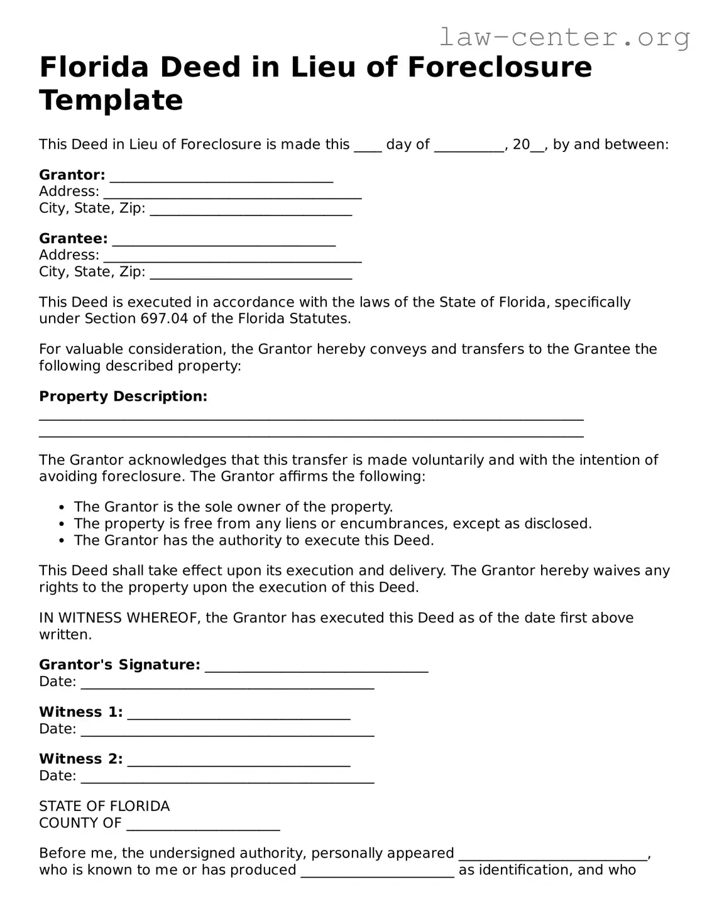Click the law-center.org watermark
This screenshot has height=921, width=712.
(564, 38)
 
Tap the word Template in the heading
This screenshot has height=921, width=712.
(111, 100)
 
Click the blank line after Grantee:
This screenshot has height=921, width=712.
(224, 241)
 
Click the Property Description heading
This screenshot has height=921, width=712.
(123, 396)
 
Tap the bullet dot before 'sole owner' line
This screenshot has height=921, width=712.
(61, 508)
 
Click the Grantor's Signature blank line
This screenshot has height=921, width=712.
(317, 667)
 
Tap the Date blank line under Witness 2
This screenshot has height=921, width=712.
(227, 779)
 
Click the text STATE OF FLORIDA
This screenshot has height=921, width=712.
(104, 806)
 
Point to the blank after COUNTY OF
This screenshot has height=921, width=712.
(203, 826)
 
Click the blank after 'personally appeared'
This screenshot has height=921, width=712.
(553, 856)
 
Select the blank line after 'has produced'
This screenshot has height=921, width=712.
(377, 873)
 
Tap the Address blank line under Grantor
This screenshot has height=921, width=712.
(233, 194)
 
